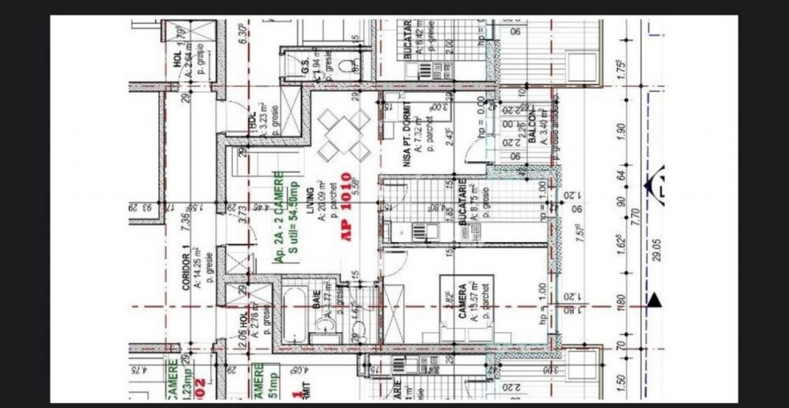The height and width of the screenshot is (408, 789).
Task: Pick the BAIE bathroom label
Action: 316,308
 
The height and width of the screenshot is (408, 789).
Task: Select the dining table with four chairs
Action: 344,133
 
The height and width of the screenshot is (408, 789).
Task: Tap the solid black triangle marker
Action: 654,301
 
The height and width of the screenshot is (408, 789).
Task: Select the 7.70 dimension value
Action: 635,216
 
